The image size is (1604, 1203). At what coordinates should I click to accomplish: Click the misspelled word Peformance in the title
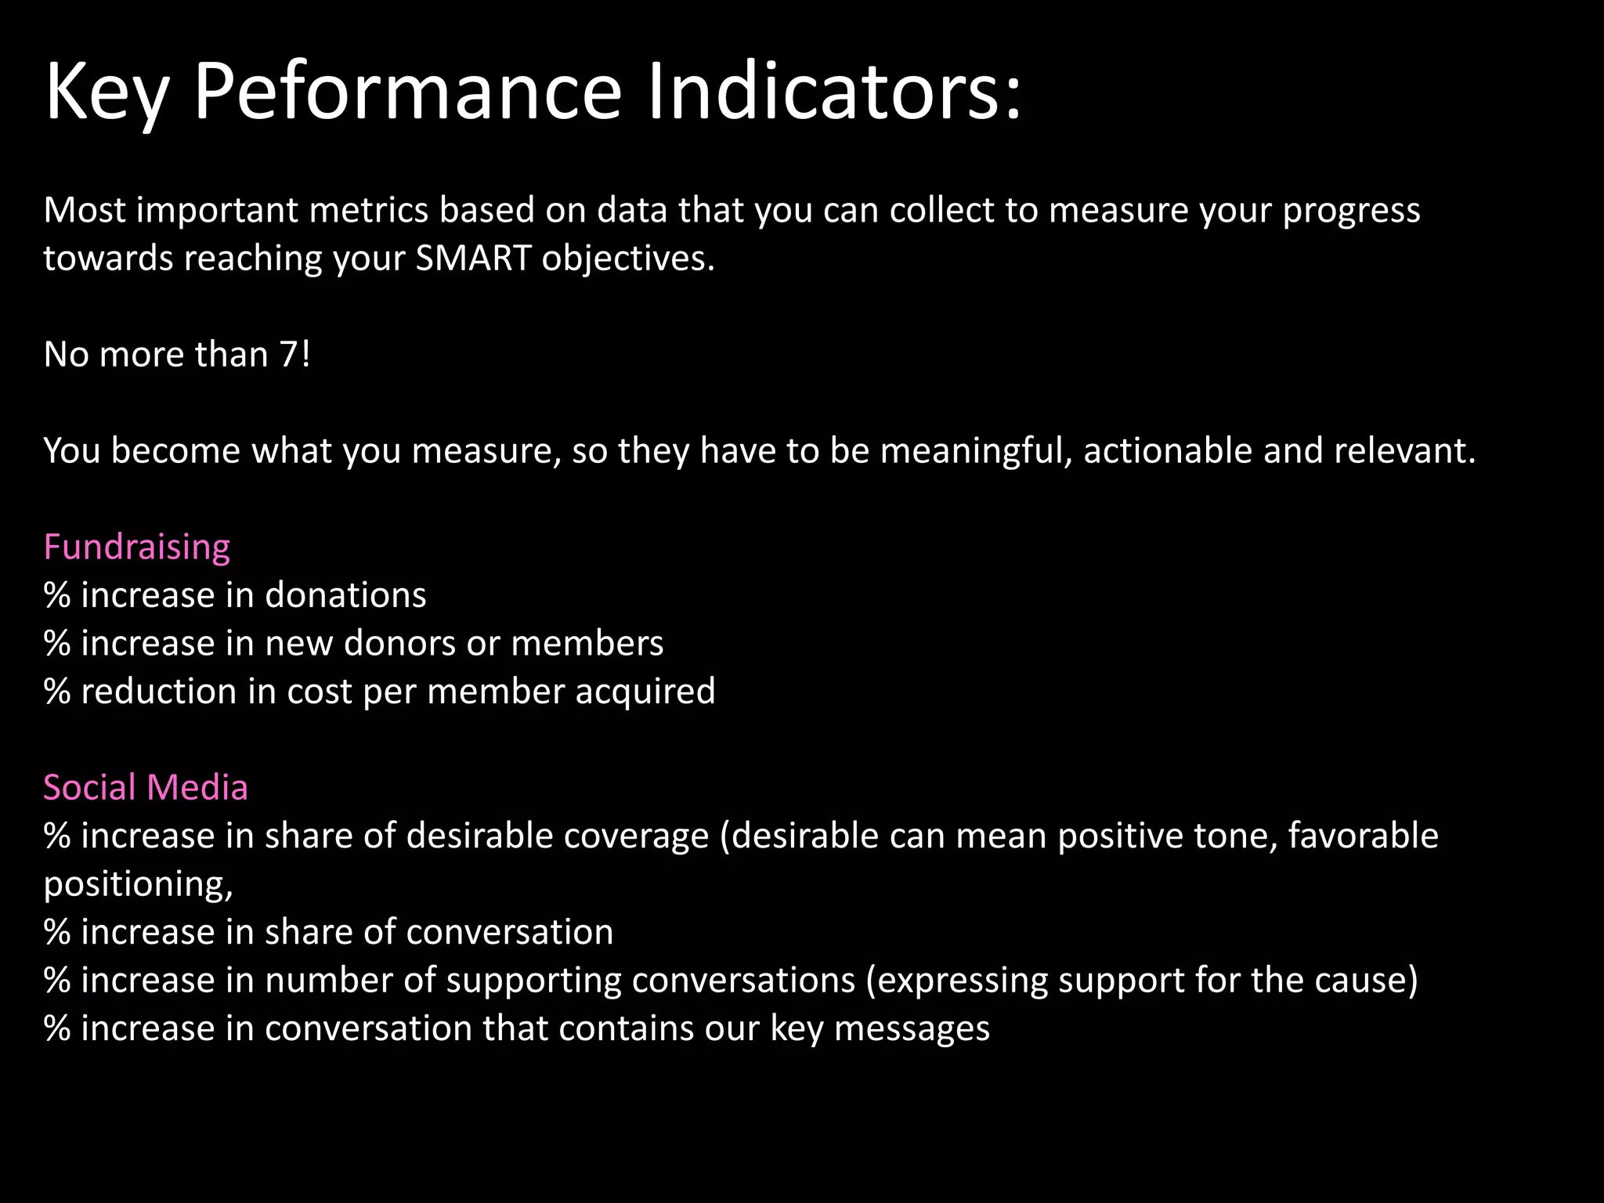[x=407, y=92]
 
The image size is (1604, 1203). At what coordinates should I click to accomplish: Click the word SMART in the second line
[x=473, y=258]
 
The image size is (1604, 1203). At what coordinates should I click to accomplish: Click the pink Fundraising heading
[x=137, y=547]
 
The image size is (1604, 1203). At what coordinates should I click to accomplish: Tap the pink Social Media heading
[x=146, y=787]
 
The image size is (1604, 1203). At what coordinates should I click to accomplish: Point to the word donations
[x=345, y=595]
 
